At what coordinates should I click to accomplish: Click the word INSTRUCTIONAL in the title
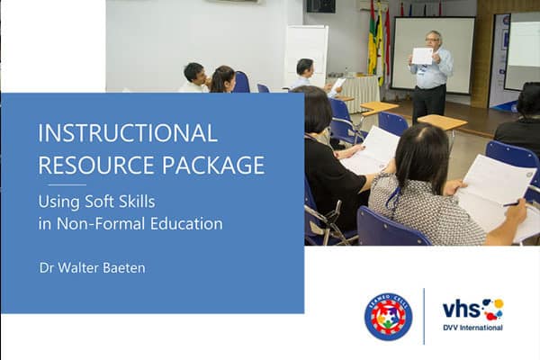tap(128, 133)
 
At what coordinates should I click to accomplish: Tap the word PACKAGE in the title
tap(213, 165)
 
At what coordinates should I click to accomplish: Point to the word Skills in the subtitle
tap(137, 202)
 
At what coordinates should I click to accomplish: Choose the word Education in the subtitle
tap(186, 223)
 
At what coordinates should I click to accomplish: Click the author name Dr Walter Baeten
tap(93, 268)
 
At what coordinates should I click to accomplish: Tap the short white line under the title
tap(67, 185)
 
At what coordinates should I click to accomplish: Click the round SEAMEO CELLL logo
tap(388, 317)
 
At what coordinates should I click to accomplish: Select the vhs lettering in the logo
tap(462, 309)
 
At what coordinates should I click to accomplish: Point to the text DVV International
tap(472, 328)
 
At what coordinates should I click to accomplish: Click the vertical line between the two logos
tap(424, 316)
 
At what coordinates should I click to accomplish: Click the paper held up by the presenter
tap(422, 56)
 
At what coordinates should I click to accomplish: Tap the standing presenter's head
tap(433, 40)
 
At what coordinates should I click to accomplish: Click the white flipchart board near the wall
tap(307, 55)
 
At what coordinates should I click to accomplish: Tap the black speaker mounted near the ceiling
tap(320, 6)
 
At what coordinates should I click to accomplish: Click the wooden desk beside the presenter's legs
tap(442, 122)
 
